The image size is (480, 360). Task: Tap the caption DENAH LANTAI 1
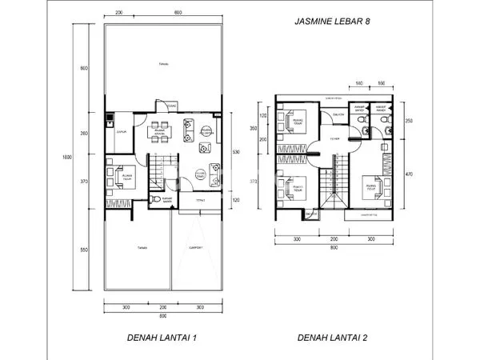162,338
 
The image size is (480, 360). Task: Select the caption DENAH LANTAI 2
333,338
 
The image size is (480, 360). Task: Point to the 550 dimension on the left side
82,250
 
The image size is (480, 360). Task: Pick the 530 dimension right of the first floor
235,151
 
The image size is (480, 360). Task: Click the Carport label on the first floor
195,247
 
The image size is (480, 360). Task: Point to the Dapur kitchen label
122,130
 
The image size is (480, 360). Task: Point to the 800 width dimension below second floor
332,247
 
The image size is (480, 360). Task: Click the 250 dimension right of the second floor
408,120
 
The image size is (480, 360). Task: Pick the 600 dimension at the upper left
82,68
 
